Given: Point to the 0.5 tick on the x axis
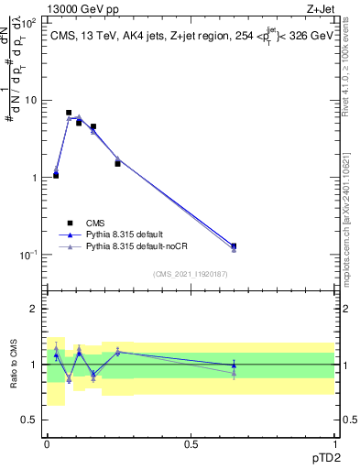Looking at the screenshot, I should tap(190, 443).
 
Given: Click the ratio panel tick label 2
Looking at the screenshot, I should tap(34, 310).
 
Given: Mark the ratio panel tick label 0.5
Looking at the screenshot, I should tap(29, 420).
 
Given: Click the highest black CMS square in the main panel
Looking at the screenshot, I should tap(69, 113).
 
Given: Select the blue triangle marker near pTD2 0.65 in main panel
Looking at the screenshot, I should tap(234, 246).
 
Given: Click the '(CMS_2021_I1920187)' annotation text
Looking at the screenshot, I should tap(190, 272).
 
